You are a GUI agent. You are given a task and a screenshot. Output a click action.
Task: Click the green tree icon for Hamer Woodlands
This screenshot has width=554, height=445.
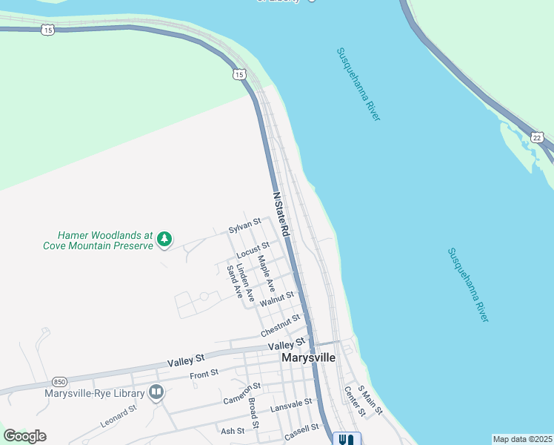click(x=164, y=239)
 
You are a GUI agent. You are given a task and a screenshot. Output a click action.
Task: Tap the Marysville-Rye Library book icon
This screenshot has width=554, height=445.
click(x=156, y=392)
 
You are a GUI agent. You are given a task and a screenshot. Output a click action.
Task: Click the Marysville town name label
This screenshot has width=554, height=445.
click(x=308, y=357)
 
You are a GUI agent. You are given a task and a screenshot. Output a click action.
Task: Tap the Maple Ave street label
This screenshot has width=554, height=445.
click(x=266, y=274)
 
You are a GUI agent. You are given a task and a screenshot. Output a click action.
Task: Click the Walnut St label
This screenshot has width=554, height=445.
click(x=277, y=297)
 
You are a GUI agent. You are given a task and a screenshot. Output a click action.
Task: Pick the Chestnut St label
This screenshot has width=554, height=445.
click(x=280, y=323)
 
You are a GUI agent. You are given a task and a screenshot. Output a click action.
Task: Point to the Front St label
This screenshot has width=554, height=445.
click(x=204, y=374)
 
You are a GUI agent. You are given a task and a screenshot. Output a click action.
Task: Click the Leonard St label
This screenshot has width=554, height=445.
click(x=119, y=416)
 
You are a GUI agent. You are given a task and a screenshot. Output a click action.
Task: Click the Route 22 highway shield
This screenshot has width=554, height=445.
click(x=537, y=137)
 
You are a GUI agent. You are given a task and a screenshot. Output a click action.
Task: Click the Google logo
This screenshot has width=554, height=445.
click(x=24, y=436)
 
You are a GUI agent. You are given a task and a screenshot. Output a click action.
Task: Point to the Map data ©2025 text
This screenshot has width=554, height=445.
click(x=522, y=439)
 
